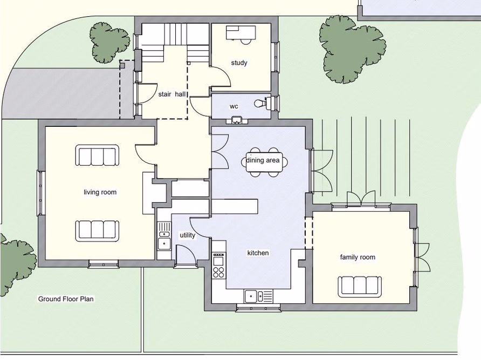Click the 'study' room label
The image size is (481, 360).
click(x=239, y=63)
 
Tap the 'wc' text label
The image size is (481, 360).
click(x=234, y=106)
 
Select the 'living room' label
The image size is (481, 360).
click(x=100, y=192)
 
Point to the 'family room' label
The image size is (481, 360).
click(x=358, y=257)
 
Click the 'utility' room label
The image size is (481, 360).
click(x=187, y=235)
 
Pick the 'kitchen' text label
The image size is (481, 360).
click(x=258, y=253)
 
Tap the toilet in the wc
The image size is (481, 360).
click(x=261, y=103)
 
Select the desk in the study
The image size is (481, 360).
click(x=240, y=33)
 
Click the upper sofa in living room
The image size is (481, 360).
click(x=98, y=155)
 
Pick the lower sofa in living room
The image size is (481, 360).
click(x=98, y=230)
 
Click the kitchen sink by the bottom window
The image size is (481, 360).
click(x=258, y=296)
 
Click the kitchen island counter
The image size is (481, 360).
click(x=235, y=206)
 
